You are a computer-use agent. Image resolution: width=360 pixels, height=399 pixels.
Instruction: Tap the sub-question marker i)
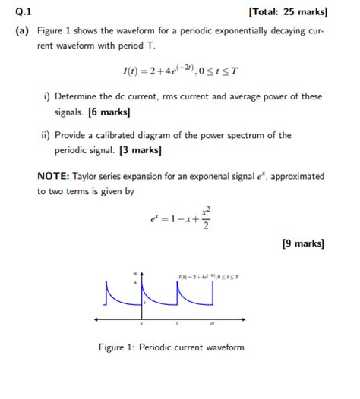[47, 97]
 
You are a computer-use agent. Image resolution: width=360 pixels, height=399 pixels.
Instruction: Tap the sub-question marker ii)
[47, 136]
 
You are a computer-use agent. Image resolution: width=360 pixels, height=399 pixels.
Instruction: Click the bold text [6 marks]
[109, 112]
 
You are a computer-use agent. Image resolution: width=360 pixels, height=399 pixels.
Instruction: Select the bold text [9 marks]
[303, 243]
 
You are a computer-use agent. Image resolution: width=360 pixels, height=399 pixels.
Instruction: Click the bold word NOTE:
[53, 177]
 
